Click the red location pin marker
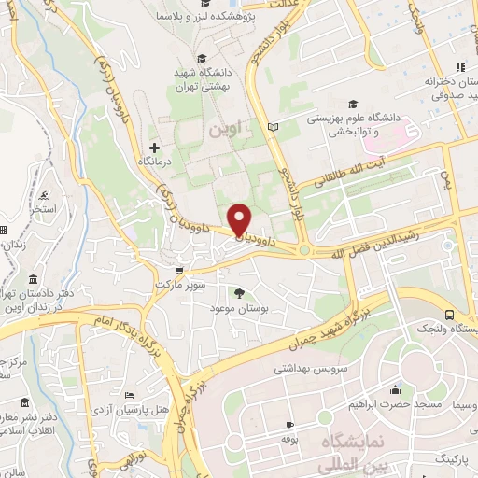click(240, 218)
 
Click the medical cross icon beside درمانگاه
click(155, 148)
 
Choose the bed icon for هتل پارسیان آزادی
click(128, 395)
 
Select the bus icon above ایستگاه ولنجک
click(450, 316)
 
